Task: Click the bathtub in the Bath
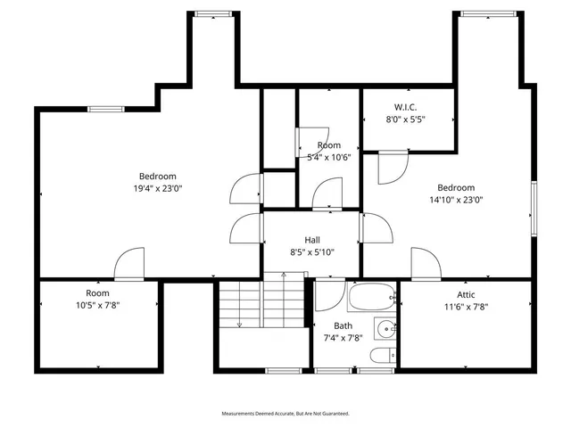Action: (371, 295)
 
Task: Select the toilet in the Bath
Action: (380, 357)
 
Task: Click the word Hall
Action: (312, 240)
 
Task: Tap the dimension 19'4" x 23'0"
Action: (158, 188)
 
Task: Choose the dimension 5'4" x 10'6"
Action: (328, 157)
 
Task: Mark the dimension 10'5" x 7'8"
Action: (97, 305)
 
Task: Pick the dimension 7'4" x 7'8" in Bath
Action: (342, 338)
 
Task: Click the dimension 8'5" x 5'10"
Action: (312, 252)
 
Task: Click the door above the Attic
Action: (425, 264)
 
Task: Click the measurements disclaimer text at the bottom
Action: (285, 414)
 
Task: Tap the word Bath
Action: (343, 325)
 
